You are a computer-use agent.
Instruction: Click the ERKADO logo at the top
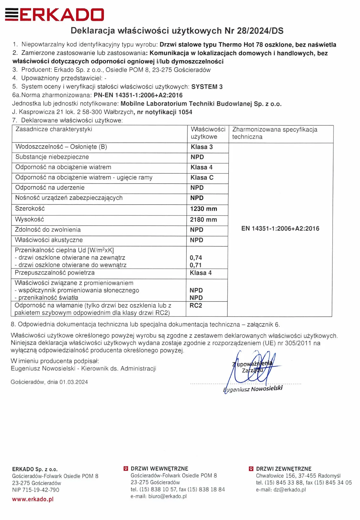coord(55,15)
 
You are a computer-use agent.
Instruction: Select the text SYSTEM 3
coord(207,87)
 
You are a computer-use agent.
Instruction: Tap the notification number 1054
coord(185,112)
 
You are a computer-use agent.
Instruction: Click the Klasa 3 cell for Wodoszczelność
coord(201,147)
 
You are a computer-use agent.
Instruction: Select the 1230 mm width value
coord(203,209)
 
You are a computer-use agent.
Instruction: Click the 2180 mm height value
coord(203,219)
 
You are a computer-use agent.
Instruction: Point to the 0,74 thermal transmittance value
coord(196,258)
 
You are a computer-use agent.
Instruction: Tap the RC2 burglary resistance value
coord(196,305)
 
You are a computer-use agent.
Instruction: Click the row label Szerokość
coord(30,209)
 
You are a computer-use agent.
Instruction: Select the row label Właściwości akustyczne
coord(49,240)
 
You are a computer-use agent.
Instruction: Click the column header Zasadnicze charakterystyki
coord(54,129)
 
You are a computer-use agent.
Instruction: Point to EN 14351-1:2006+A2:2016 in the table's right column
coord(280,229)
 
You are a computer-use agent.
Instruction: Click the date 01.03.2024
coord(74,382)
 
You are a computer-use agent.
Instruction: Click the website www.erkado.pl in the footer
coord(33,499)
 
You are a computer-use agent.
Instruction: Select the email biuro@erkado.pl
coord(167,496)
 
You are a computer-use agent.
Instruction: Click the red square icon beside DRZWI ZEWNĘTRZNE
coord(251,469)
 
